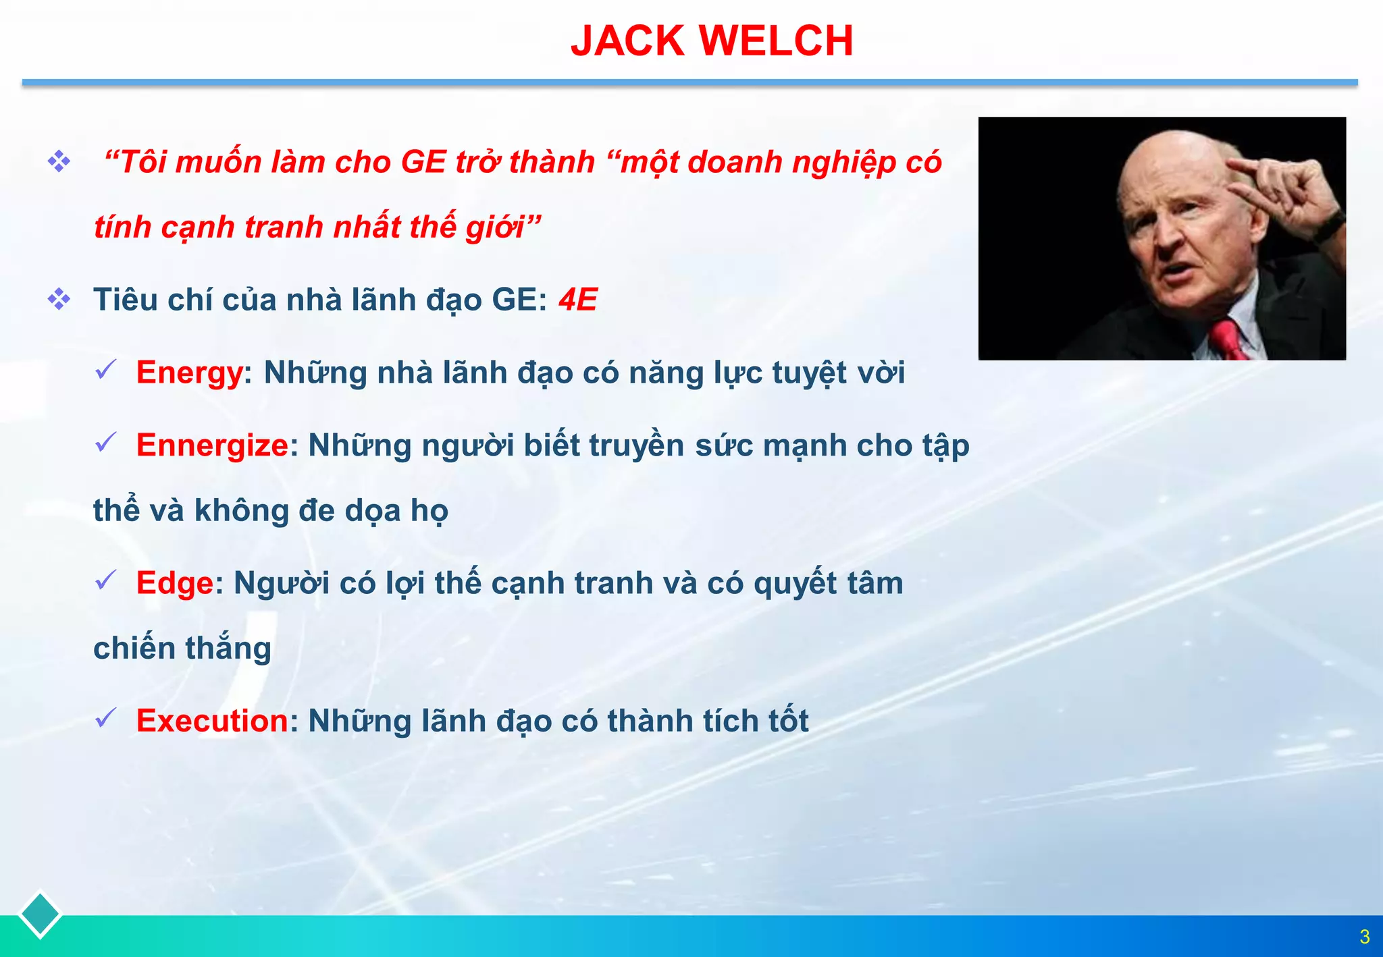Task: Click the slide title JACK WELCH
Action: [x=712, y=41]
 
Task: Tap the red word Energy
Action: [x=189, y=373]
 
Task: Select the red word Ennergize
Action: [x=212, y=445]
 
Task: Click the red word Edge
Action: [x=175, y=583]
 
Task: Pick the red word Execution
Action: [x=212, y=721]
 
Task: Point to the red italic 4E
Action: [x=577, y=300]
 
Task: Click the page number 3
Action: [x=1364, y=937]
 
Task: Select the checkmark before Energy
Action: [x=107, y=369]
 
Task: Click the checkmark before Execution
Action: [x=107, y=717]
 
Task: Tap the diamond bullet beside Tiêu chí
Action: [x=59, y=299]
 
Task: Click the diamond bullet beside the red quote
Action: [x=59, y=161]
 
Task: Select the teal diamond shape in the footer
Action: [x=40, y=914]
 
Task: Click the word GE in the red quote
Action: [x=423, y=163]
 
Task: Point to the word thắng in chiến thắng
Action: [x=228, y=648]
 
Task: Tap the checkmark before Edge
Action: [x=107, y=580]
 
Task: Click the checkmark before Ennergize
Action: [x=107, y=442]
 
